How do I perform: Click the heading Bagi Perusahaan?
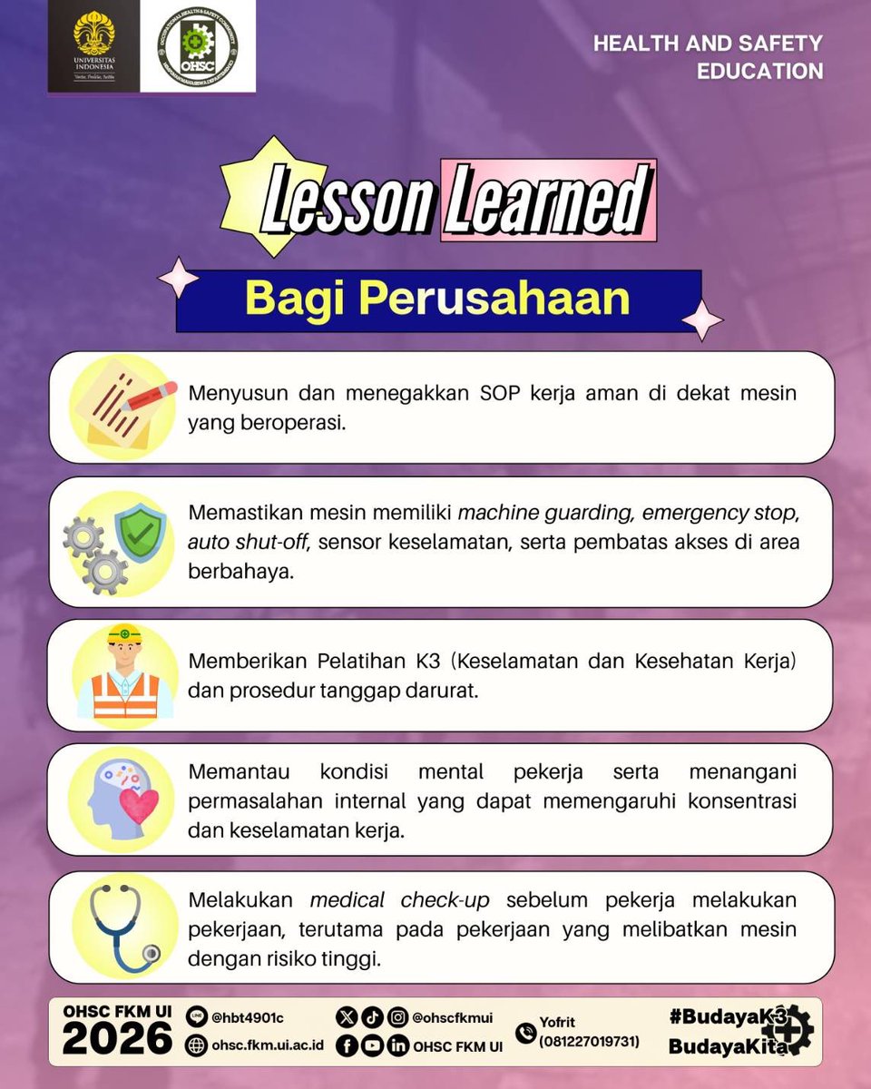pos(437,299)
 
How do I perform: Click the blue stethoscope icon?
pos(122,927)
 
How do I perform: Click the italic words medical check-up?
pos(399,901)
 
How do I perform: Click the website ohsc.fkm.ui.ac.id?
pos(268,1045)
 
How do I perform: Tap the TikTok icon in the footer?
pos(371,1018)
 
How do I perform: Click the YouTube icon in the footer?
pos(372,1045)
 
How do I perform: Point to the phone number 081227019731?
pos(590,1042)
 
